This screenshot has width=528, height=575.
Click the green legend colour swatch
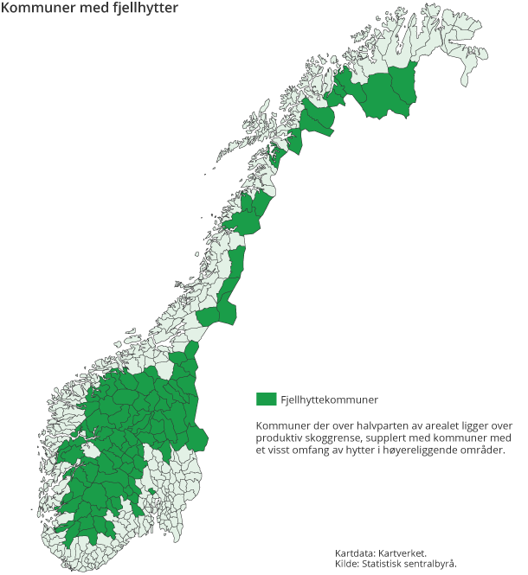pyautogui.click(x=266, y=399)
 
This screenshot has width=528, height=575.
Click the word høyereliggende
pyautogui.click(x=439, y=450)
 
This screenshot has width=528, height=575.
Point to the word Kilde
pyautogui.click(x=348, y=564)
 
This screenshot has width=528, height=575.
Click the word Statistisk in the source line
pyautogui.click(x=388, y=564)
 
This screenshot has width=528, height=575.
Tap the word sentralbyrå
pyautogui.click(x=435, y=564)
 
